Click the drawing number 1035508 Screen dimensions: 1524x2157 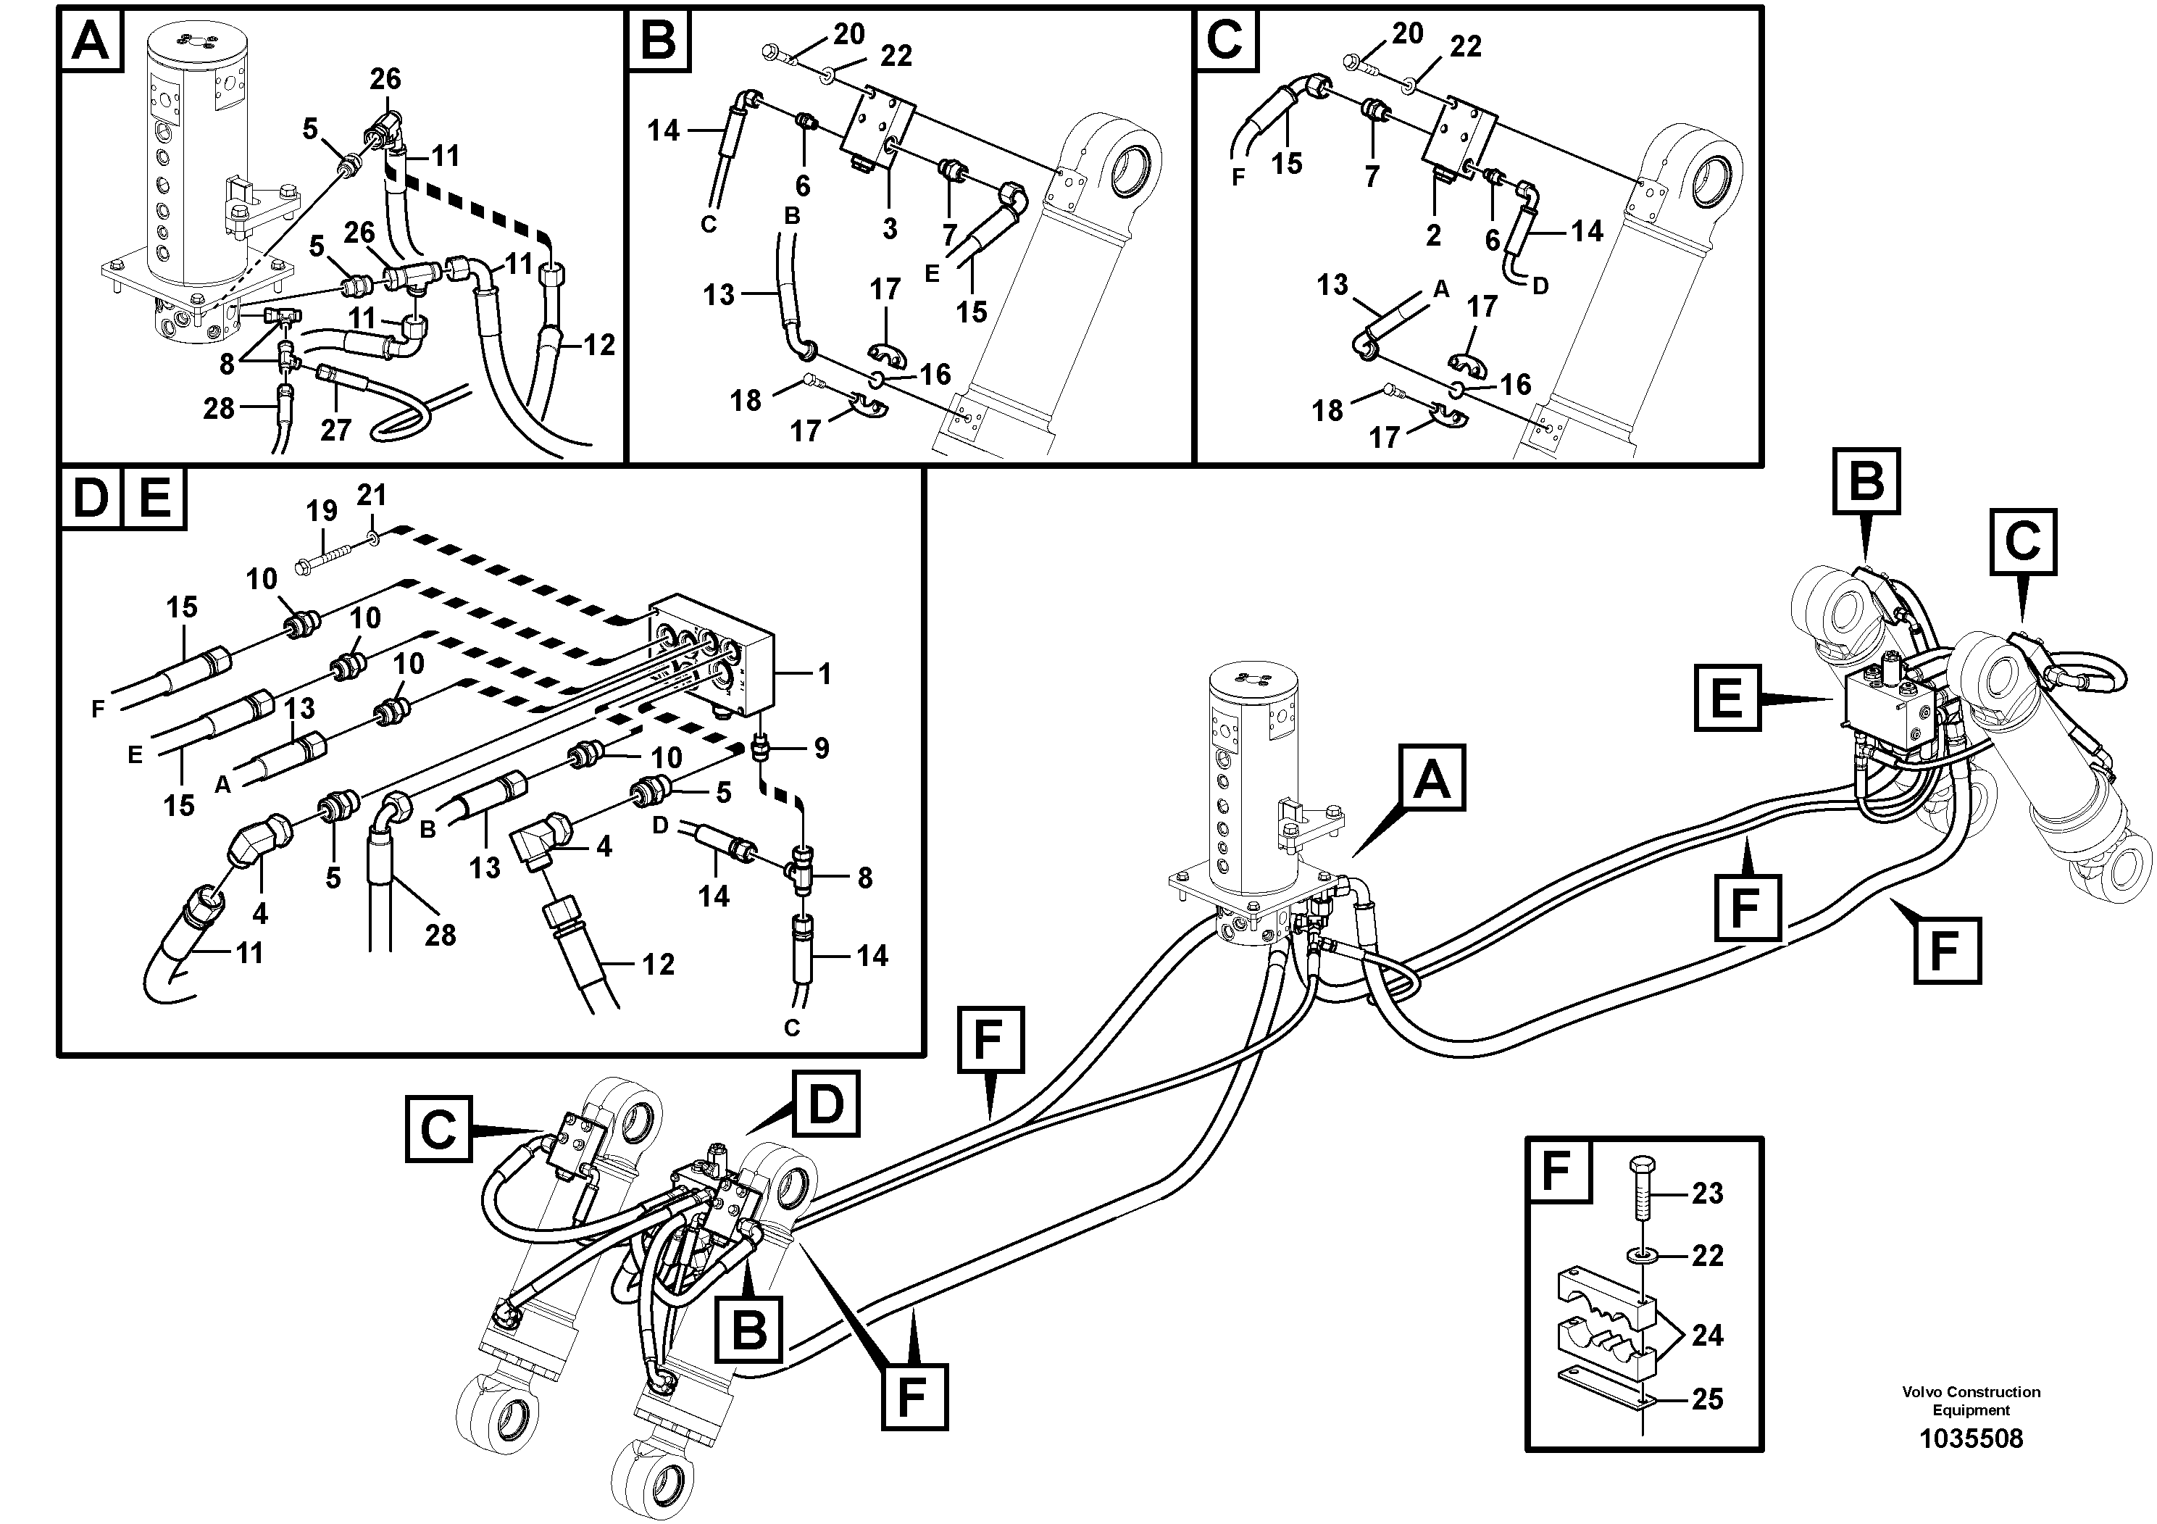[x=1971, y=1438]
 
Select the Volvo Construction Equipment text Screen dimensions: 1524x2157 [x=1971, y=1401]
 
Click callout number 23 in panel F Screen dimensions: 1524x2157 [x=1707, y=1194]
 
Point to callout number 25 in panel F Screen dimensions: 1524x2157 [x=1707, y=1399]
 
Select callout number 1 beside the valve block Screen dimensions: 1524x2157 [x=824, y=674]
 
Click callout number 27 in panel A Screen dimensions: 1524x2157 [x=335, y=430]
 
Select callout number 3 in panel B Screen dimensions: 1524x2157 [x=890, y=228]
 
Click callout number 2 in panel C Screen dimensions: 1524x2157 [x=1432, y=235]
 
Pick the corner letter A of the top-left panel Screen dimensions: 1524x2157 [x=91, y=41]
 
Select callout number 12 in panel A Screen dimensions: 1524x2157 [x=598, y=345]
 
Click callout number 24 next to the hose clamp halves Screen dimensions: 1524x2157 [x=1707, y=1335]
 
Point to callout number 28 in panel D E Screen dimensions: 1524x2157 [x=440, y=934]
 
